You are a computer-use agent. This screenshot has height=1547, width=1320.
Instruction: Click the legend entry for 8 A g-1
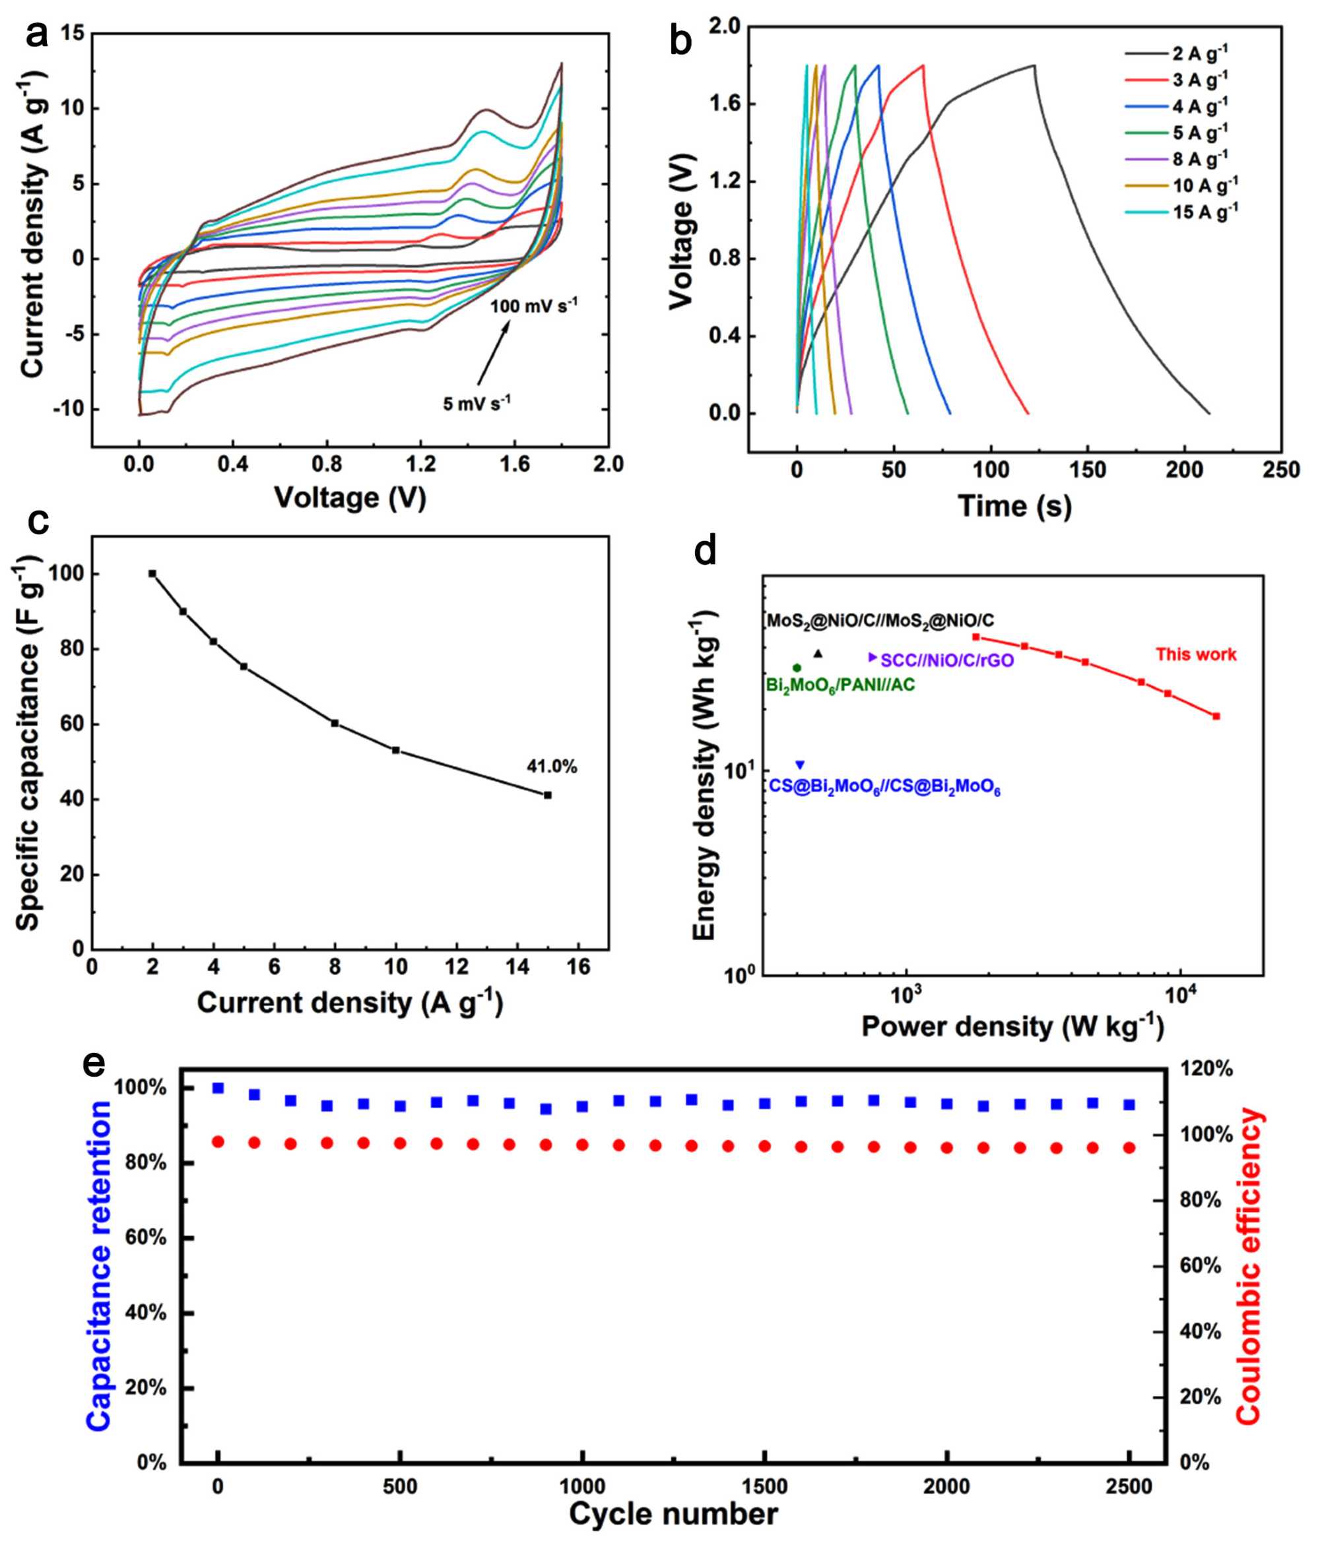pos(1200,159)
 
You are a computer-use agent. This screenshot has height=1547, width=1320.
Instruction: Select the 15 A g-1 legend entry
pos(1204,212)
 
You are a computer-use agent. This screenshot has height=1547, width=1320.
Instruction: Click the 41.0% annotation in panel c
pos(552,767)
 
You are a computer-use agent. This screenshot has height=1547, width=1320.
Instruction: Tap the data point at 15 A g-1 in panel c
pos(548,795)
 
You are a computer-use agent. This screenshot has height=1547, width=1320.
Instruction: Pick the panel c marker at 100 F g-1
pos(152,573)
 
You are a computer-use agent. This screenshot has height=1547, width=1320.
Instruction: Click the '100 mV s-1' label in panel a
pos(533,306)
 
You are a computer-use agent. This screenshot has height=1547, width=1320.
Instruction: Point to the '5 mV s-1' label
pos(477,403)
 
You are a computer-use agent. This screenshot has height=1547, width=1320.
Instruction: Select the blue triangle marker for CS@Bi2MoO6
pos(800,765)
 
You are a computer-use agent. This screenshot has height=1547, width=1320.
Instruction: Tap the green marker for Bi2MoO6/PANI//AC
pos(797,668)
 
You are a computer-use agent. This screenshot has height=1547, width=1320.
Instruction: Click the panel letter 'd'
pos(705,551)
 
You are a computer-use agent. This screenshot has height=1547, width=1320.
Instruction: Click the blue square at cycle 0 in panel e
pos(218,1088)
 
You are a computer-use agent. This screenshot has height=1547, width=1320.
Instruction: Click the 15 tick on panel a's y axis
pos(73,34)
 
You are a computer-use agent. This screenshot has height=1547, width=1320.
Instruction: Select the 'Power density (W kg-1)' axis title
pos(1012,1026)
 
